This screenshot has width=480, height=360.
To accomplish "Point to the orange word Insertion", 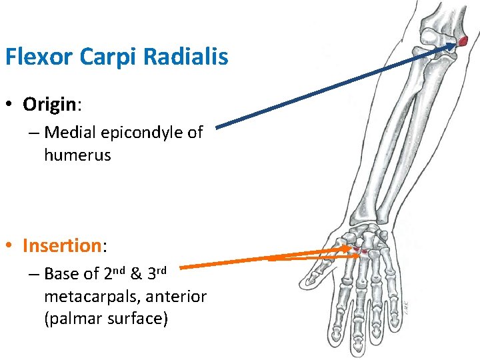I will coord(61,246).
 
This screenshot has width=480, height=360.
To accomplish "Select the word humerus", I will coord(77,155).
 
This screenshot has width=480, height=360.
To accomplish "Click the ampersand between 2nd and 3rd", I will coord(136,274).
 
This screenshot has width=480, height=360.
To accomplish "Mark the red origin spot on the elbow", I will coord(463,41).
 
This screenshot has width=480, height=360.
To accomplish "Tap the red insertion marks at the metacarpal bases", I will coord(360,251).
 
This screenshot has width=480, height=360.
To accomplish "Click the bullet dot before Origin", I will coord(10,105).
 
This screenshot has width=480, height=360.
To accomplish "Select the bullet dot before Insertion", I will coord(10,247).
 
